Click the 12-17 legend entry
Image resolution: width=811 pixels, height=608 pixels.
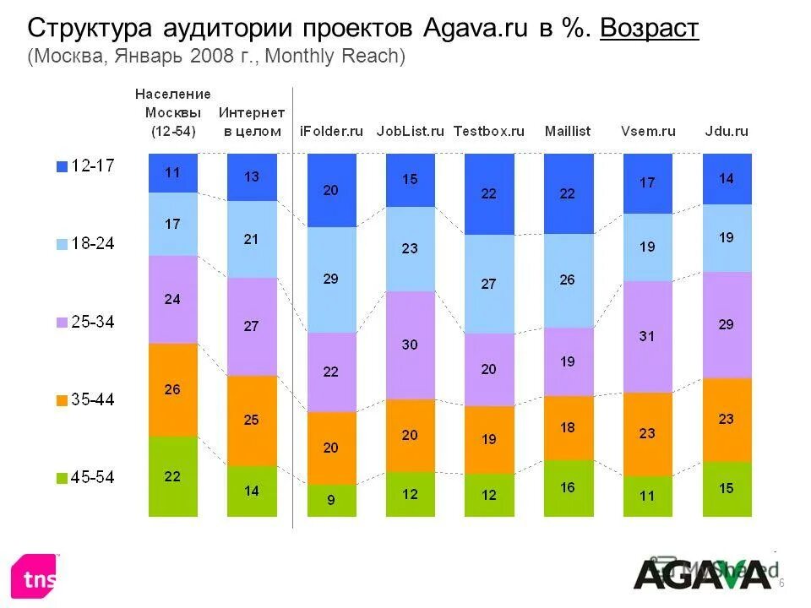tap(84, 166)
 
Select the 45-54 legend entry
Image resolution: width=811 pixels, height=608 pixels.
tap(84, 478)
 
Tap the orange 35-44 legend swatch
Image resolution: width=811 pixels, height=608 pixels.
tap(62, 401)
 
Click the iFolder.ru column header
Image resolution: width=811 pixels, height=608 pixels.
tap(331, 131)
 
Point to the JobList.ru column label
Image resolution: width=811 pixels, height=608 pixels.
tap(410, 131)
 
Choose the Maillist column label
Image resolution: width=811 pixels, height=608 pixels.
tap(568, 131)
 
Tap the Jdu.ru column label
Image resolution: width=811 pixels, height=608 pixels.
tap(727, 131)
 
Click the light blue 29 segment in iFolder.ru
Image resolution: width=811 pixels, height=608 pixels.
tap(331, 280)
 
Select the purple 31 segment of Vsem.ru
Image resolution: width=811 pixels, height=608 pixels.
tap(647, 336)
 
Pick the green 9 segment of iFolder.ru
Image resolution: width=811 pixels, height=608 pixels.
tap(331, 499)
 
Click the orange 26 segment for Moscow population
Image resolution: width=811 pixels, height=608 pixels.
tap(172, 389)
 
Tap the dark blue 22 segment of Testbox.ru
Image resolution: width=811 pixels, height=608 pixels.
tap(489, 193)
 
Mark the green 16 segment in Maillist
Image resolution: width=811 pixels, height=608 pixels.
tap(568, 487)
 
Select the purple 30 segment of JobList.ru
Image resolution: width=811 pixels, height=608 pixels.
tap(410, 345)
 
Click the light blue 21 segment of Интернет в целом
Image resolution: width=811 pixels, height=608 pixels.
tap(252, 239)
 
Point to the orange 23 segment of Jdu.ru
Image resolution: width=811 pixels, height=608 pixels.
tap(727, 419)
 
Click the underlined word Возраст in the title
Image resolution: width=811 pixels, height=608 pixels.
tap(649, 29)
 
